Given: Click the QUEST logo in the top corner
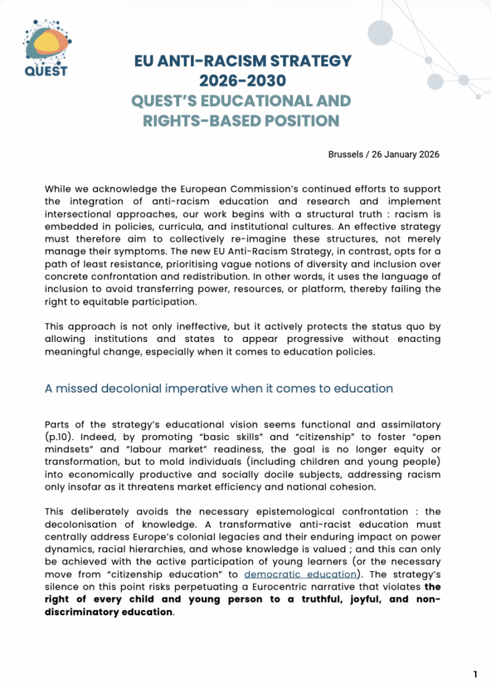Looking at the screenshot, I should pos(45,47).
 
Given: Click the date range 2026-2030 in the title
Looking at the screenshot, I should pos(242,81).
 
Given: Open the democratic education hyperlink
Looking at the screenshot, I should pos(299,574).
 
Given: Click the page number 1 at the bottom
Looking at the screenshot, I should pos(475,674).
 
